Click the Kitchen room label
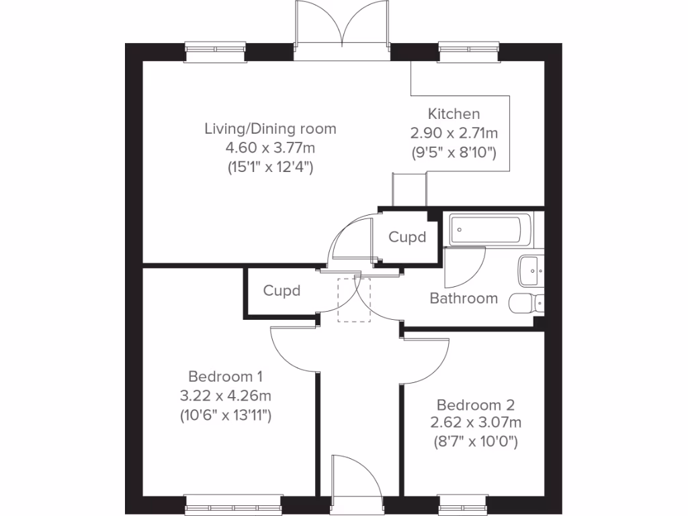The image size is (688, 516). (x=454, y=114)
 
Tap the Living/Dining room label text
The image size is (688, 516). (x=270, y=129)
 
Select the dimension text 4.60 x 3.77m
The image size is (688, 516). (x=270, y=148)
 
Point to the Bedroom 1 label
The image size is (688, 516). (x=226, y=376)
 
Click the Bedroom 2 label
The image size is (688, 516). (x=476, y=404)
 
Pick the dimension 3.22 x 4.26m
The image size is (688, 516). (x=226, y=396)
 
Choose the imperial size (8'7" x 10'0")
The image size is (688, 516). (x=476, y=441)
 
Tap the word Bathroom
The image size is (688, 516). (x=464, y=298)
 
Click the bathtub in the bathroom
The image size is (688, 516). (x=490, y=230)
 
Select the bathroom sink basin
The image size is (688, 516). (x=531, y=271)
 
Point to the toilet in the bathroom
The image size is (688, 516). (x=526, y=303)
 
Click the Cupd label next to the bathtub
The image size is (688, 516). (x=407, y=237)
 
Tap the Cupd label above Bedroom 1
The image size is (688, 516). (x=282, y=290)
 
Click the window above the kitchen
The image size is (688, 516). (x=468, y=52)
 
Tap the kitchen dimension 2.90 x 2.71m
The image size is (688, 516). (x=454, y=133)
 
